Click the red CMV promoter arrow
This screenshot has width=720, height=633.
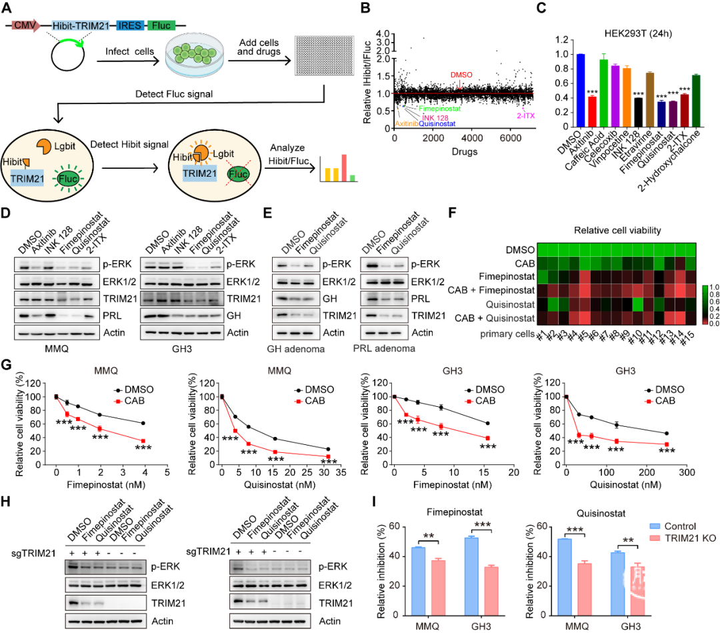point(26,26)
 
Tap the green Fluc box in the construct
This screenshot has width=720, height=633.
point(161,26)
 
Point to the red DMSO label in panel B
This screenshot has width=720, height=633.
point(459,75)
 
